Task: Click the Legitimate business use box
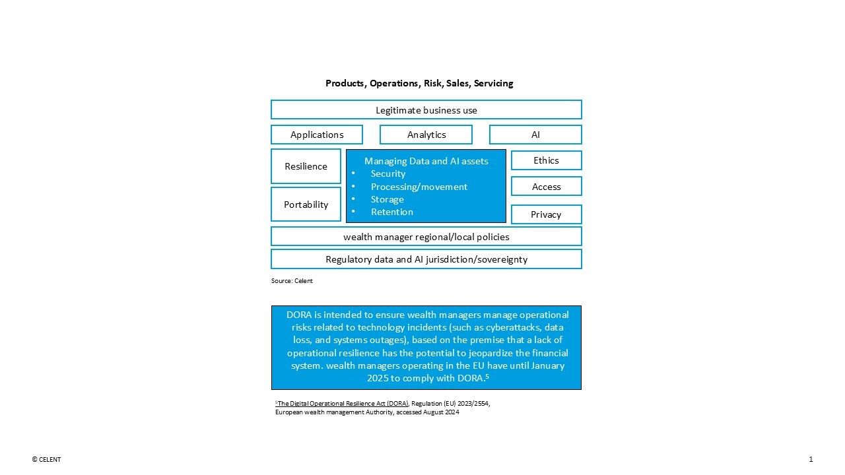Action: click(426, 110)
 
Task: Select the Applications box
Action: click(317, 135)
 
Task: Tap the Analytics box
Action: click(426, 135)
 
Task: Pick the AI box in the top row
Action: click(535, 135)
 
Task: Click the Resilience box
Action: click(306, 166)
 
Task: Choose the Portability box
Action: click(306, 205)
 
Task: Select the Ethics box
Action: click(546, 160)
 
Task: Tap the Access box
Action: click(546, 187)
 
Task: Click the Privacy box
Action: click(546, 214)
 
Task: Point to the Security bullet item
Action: click(388, 174)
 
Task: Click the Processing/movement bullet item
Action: click(419, 187)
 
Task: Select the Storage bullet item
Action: click(387, 199)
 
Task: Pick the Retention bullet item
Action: click(391, 212)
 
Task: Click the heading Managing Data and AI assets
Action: click(426, 161)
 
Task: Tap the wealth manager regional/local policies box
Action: click(426, 236)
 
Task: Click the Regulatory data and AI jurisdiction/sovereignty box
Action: click(426, 259)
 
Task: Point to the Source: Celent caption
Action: click(292, 281)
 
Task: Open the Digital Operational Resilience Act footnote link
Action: click(343, 403)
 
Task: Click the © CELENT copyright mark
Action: click(46, 460)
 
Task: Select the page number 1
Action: click(811, 460)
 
